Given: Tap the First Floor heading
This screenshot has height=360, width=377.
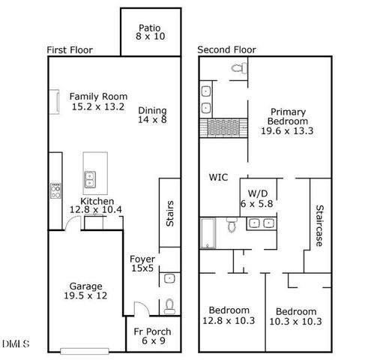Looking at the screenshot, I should click(x=70, y=50).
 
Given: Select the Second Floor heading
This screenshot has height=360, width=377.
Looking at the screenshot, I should click(x=226, y=50).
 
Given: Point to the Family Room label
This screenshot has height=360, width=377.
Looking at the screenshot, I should click(x=98, y=101).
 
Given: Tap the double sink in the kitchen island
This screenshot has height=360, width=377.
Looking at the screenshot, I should click(x=90, y=178).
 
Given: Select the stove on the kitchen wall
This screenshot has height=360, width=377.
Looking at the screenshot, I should click(x=55, y=191).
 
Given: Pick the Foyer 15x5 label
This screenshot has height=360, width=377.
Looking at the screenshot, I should click(x=142, y=264).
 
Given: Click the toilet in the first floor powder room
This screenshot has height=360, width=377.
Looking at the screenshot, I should click(x=169, y=305).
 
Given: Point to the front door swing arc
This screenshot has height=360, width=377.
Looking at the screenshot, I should click(x=139, y=307).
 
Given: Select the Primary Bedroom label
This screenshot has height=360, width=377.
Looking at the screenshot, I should click(x=289, y=121).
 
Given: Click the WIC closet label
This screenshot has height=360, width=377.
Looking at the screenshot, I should click(x=218, y=178).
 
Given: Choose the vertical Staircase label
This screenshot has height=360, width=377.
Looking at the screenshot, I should click(x=319, y=226).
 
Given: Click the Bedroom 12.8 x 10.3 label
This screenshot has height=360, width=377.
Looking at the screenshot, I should click(x=229, y=316).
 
